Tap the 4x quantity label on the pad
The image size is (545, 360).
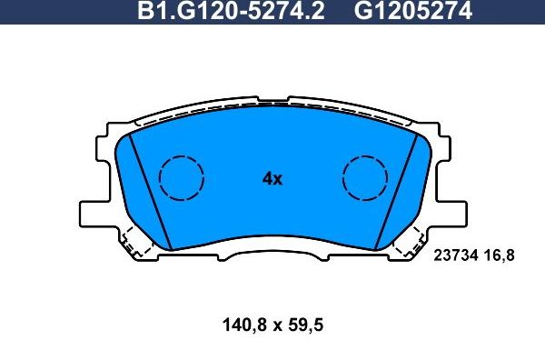272,179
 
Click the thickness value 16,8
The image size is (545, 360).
500,256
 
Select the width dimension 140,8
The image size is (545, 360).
244,325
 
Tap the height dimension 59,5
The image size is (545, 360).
306,325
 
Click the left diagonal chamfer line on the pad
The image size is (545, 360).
150,192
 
